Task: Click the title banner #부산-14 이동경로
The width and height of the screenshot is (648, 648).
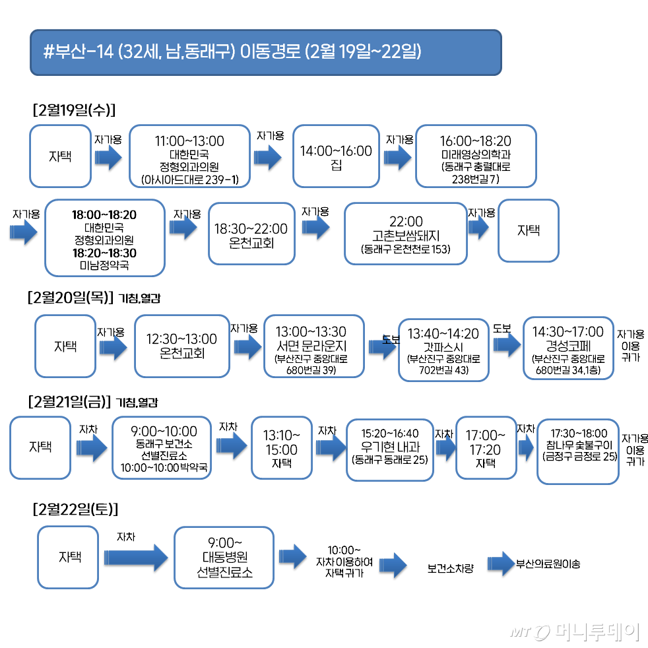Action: (265, 51)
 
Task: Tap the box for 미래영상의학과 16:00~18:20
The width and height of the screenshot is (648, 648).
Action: (475, 156)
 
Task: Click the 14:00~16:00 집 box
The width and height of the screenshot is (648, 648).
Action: (336, 156)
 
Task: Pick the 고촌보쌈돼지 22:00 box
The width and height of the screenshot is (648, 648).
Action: (405, 233)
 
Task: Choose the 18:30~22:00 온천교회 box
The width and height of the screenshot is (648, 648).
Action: (251, 234)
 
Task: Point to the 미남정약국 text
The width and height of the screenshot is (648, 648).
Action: (104, 265)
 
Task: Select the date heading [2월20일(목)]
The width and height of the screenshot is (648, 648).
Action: (72, 297)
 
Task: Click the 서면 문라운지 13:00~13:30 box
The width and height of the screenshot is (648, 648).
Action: (313, 346)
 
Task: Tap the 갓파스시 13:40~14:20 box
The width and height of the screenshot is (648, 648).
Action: (443, 349)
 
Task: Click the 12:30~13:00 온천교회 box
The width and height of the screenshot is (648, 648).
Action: (181, 346)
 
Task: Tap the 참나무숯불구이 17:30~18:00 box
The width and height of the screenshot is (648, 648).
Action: (578, 451)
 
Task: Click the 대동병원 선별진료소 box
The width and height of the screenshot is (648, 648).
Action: (224, 557)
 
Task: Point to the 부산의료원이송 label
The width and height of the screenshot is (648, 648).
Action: (548, 565)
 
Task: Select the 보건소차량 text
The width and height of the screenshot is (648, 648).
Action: (450, 568)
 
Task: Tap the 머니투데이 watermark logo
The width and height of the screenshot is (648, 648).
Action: (575, 632)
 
